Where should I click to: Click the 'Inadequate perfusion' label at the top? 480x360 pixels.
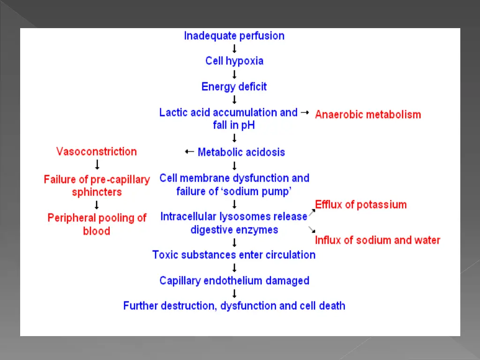coord(234,36)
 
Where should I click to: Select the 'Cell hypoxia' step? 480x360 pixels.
coord(234,61)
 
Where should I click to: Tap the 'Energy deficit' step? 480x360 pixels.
coord(234,87)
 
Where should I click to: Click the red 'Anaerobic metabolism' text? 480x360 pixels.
coord(368,114)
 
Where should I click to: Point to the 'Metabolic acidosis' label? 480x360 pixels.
coord(241,152)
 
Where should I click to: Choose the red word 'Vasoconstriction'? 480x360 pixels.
coord(97,151)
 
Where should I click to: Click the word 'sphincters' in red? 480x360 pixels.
coord(97,192)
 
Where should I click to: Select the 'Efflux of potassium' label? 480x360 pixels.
coord(361,204)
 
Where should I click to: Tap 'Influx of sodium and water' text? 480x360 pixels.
coord(377,240)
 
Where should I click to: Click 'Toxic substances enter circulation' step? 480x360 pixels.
coord(234,255)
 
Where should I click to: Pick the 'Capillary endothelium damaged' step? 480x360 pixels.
coord(234,281)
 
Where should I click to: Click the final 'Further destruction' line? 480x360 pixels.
coord(234,306)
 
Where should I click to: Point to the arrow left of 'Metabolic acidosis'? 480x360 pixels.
coord(189,151)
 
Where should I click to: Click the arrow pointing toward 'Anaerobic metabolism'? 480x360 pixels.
coord(305,112)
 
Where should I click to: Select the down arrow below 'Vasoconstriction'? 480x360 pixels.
coord(97,165)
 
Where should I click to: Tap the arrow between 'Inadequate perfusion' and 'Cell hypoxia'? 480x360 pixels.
coord(234,48)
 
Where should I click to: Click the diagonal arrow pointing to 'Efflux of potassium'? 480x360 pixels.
coord(312,211)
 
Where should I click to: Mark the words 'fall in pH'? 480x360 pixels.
coord(234,125)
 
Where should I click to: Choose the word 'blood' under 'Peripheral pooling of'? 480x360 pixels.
coord(97,231)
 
